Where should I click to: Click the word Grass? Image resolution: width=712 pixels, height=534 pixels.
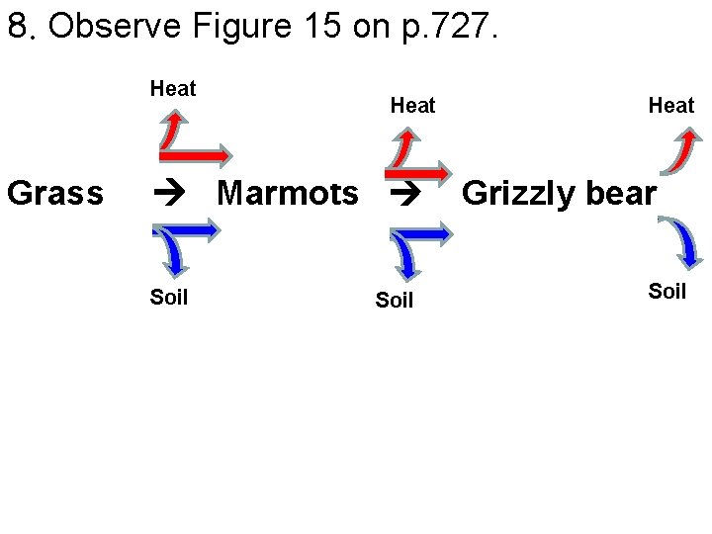(55, 193)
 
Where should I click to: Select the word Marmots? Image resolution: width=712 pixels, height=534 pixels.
(288, 193)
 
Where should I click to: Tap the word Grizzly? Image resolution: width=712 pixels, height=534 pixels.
(517, 193)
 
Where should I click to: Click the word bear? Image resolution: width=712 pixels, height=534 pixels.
(617, 193)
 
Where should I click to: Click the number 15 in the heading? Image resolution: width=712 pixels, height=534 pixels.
(316, 27)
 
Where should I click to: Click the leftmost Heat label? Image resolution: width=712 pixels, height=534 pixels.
(173, 89)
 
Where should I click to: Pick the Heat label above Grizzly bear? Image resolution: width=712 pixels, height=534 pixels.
(671, 106)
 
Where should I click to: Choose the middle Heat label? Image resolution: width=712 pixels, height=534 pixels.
(412, 105)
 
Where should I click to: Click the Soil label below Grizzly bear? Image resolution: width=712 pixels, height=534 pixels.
(667, 291)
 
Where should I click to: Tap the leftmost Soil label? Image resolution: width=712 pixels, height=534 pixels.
(169, 297)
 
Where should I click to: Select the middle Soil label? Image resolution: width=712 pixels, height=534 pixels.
(395, 301)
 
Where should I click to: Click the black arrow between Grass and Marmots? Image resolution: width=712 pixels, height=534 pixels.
(172, 194)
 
